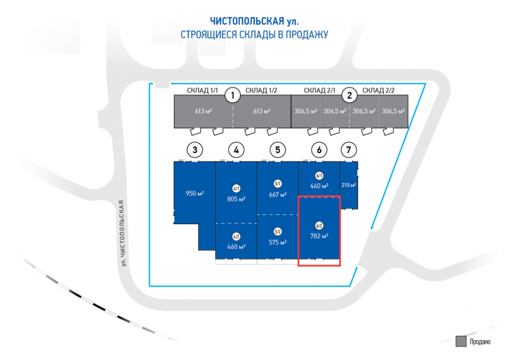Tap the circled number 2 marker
[349, 94]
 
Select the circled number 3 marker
[195, 149]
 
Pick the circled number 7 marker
[349, 149]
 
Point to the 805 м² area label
[236, 198]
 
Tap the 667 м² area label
[277, 194]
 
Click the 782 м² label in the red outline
[319, 236]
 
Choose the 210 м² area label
[349, 185]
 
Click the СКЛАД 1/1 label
[203, 90]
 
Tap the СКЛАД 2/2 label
[378, 90]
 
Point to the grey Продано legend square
[460, 341]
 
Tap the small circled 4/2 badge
[236, 236]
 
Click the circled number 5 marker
[277, 149]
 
